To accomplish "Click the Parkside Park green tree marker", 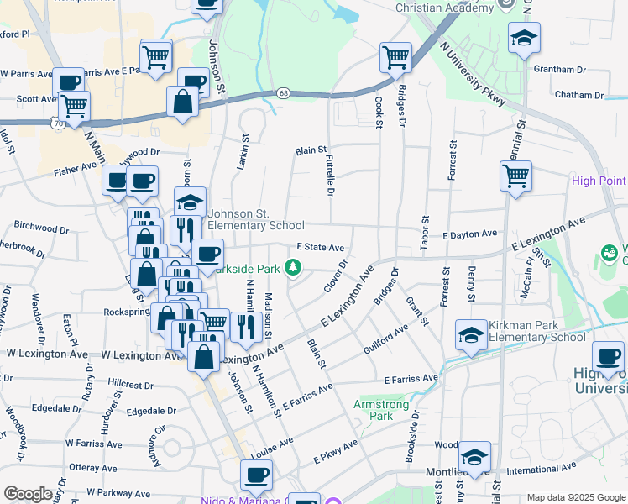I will (x=293, y=268).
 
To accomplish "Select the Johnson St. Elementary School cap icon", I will (x=191, y=202).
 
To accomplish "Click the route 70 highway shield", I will (x=57, y=123).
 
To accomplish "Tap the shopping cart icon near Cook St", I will (x=395, y=57).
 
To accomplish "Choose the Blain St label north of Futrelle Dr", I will (x=310, y=150).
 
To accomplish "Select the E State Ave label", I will (x=321, y=248).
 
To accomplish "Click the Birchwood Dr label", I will (x=42, y=228).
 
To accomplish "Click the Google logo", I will (x=28, y=494).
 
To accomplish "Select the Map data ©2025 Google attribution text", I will (x=576, y=497).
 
